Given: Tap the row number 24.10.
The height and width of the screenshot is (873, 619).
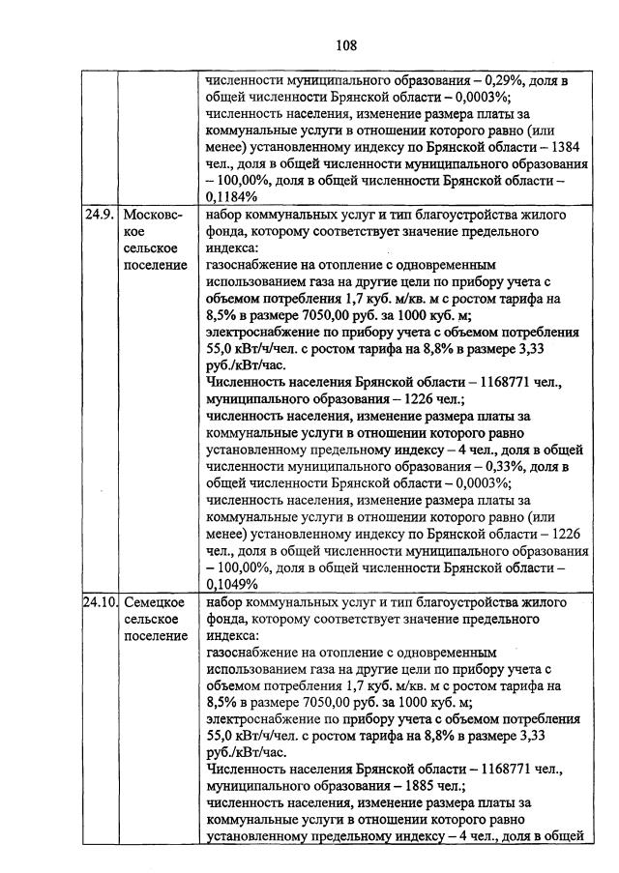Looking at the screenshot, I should coord(101,601).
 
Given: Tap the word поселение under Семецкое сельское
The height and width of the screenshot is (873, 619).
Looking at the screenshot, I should coord(155,636).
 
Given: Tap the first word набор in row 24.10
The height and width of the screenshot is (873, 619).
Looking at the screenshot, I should coord(228,601).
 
